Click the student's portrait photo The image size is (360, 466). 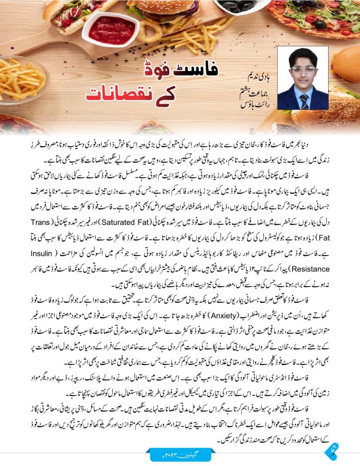303,78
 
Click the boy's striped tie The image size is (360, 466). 304,101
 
